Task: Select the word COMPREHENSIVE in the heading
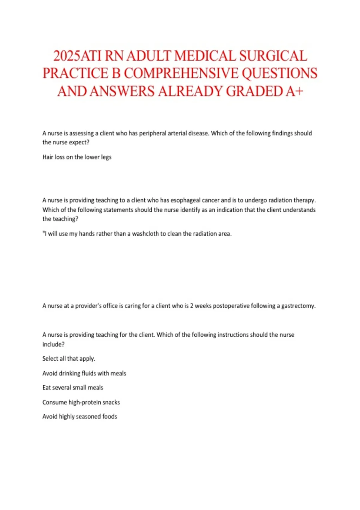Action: click(181, 73)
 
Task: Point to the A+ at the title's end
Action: click(295, 91)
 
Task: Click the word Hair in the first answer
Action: click(48, 157)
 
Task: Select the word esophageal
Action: click(185, 200)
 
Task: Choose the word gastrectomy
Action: click(298, 306)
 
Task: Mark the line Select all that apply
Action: click(69, 358)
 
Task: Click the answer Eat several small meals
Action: click(73, 388)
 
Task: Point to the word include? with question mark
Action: click(53, 344)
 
